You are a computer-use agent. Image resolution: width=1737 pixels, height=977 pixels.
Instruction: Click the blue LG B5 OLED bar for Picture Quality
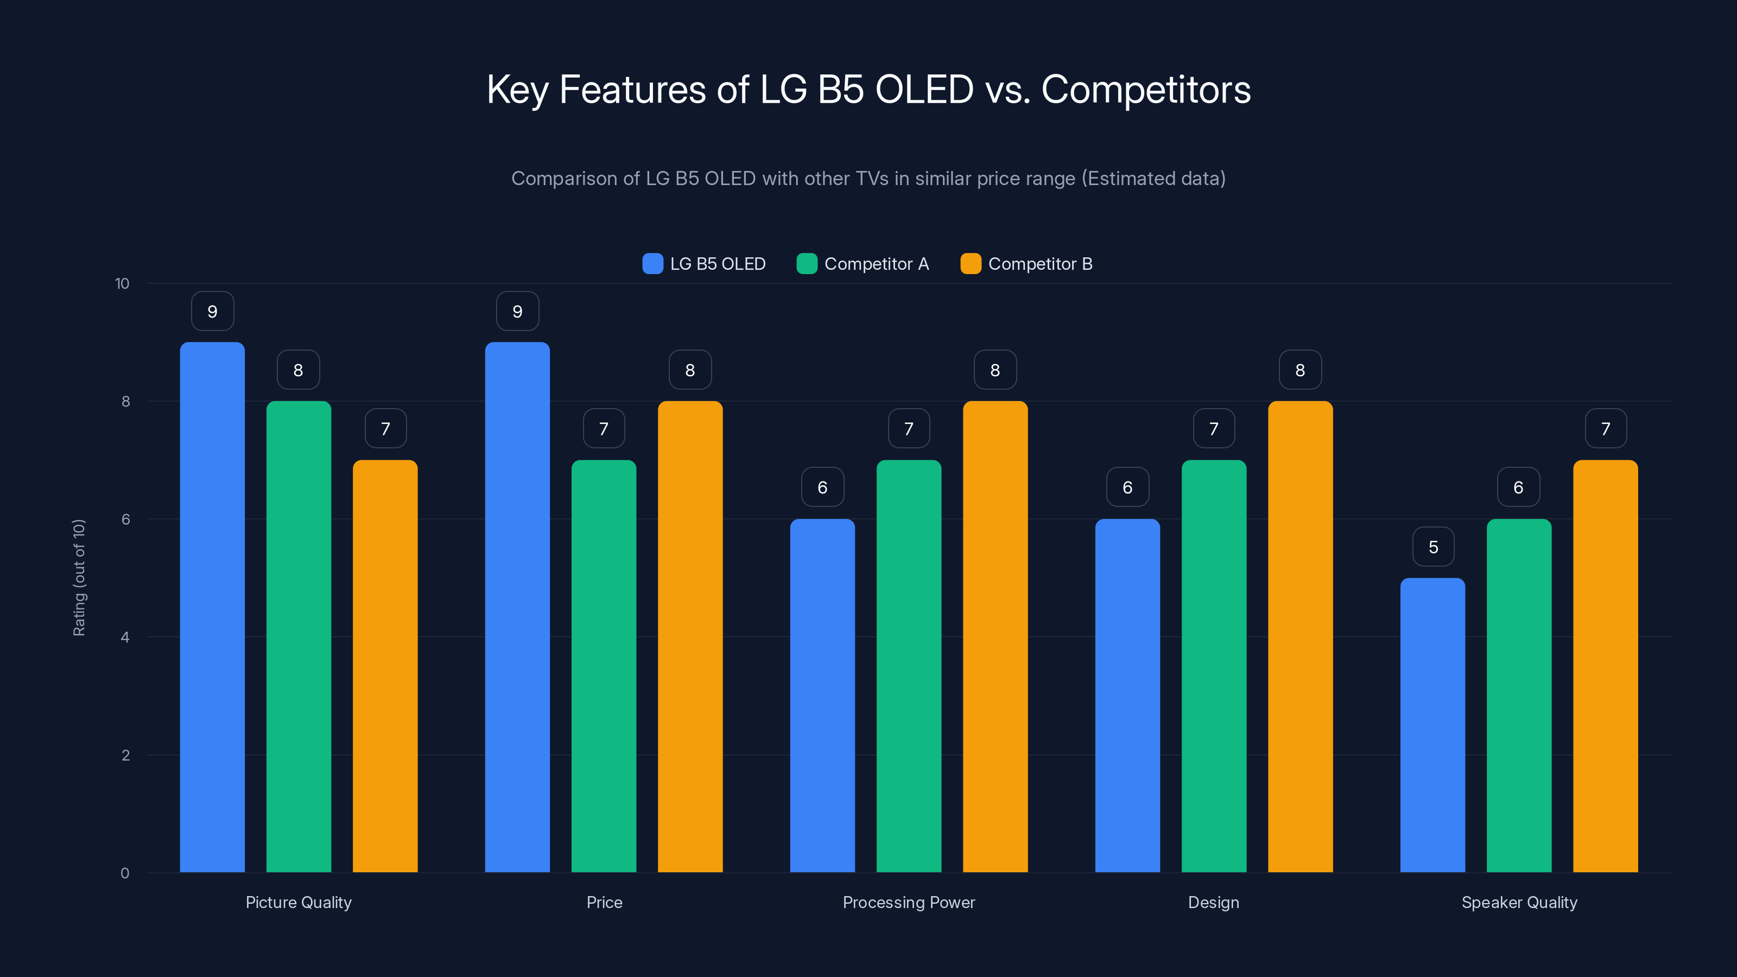[x=212, y=607]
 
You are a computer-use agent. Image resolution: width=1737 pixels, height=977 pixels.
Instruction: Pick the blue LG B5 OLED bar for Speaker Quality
[x=1432, y=725]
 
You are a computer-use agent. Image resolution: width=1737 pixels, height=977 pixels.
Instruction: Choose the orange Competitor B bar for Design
[x=1300, y=637]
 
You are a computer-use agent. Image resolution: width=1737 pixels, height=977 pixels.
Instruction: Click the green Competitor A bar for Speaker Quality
[x=1519, y=695]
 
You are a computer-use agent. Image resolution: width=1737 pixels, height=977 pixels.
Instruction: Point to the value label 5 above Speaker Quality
[x=1433, y=547]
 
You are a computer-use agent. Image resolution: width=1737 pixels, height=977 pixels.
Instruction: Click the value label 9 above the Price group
[x=517, y=312]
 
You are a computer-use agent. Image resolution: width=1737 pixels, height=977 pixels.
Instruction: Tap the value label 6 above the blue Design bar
[x=1127, y=487]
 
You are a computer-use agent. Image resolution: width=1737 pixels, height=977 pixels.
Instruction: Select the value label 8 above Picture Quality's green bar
[x=298, y=370]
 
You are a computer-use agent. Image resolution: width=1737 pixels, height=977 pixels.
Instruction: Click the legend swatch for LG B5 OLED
[x=652, y=264]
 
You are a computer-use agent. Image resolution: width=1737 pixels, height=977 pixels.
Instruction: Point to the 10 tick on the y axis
[x=122, y=283]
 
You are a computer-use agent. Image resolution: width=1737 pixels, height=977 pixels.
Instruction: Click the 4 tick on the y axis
[x=125, y=637]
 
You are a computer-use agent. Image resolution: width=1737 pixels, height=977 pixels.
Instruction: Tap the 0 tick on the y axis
[x=125, y=873]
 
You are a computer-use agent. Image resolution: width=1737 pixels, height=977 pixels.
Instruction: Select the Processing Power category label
[x=908, y=902]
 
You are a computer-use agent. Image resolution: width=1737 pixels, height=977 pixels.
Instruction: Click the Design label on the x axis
[x=1213, y=902]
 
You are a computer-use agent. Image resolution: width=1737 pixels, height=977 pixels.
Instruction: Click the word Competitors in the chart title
[x=1146, y=90]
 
